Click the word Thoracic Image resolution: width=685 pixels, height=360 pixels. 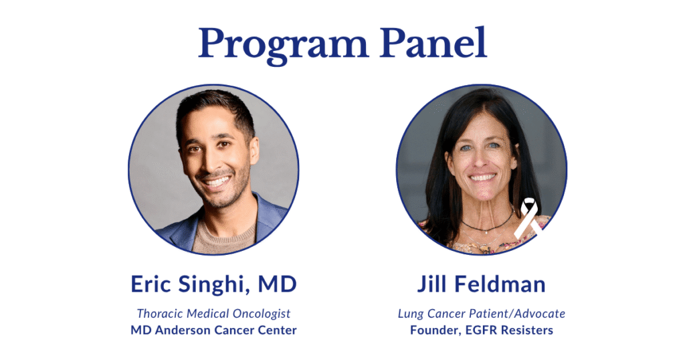pyautogui.click(x=161, y=313)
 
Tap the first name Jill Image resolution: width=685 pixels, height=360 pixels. pyautogui.click(x=433, y=284)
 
